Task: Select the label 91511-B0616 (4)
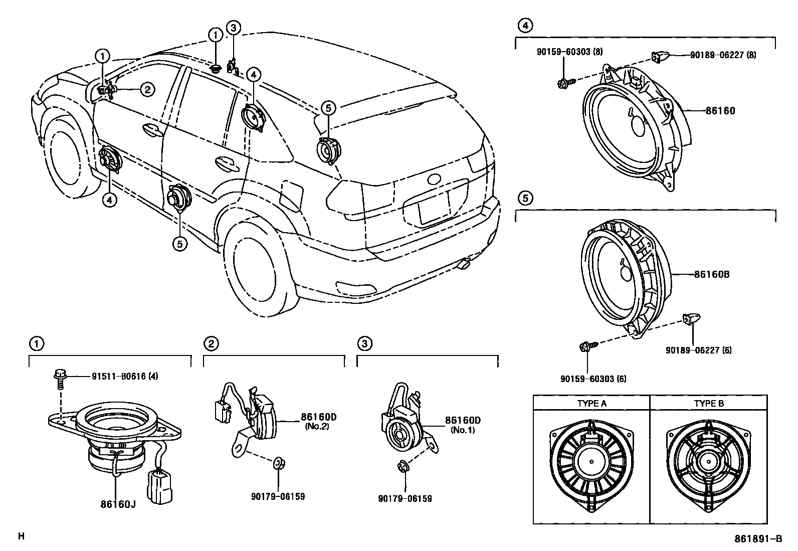(125, 376)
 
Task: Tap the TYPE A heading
(591, 403)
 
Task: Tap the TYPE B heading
(709, 403)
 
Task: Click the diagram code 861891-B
(758, 539)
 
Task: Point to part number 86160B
(711, 275)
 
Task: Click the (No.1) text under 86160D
(463, 430)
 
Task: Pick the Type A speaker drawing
(591, 461)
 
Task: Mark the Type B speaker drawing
(709, 461)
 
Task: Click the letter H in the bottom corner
(21, 536)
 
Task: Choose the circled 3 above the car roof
(233, 28)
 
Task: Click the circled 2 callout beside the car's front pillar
(147, 90)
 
